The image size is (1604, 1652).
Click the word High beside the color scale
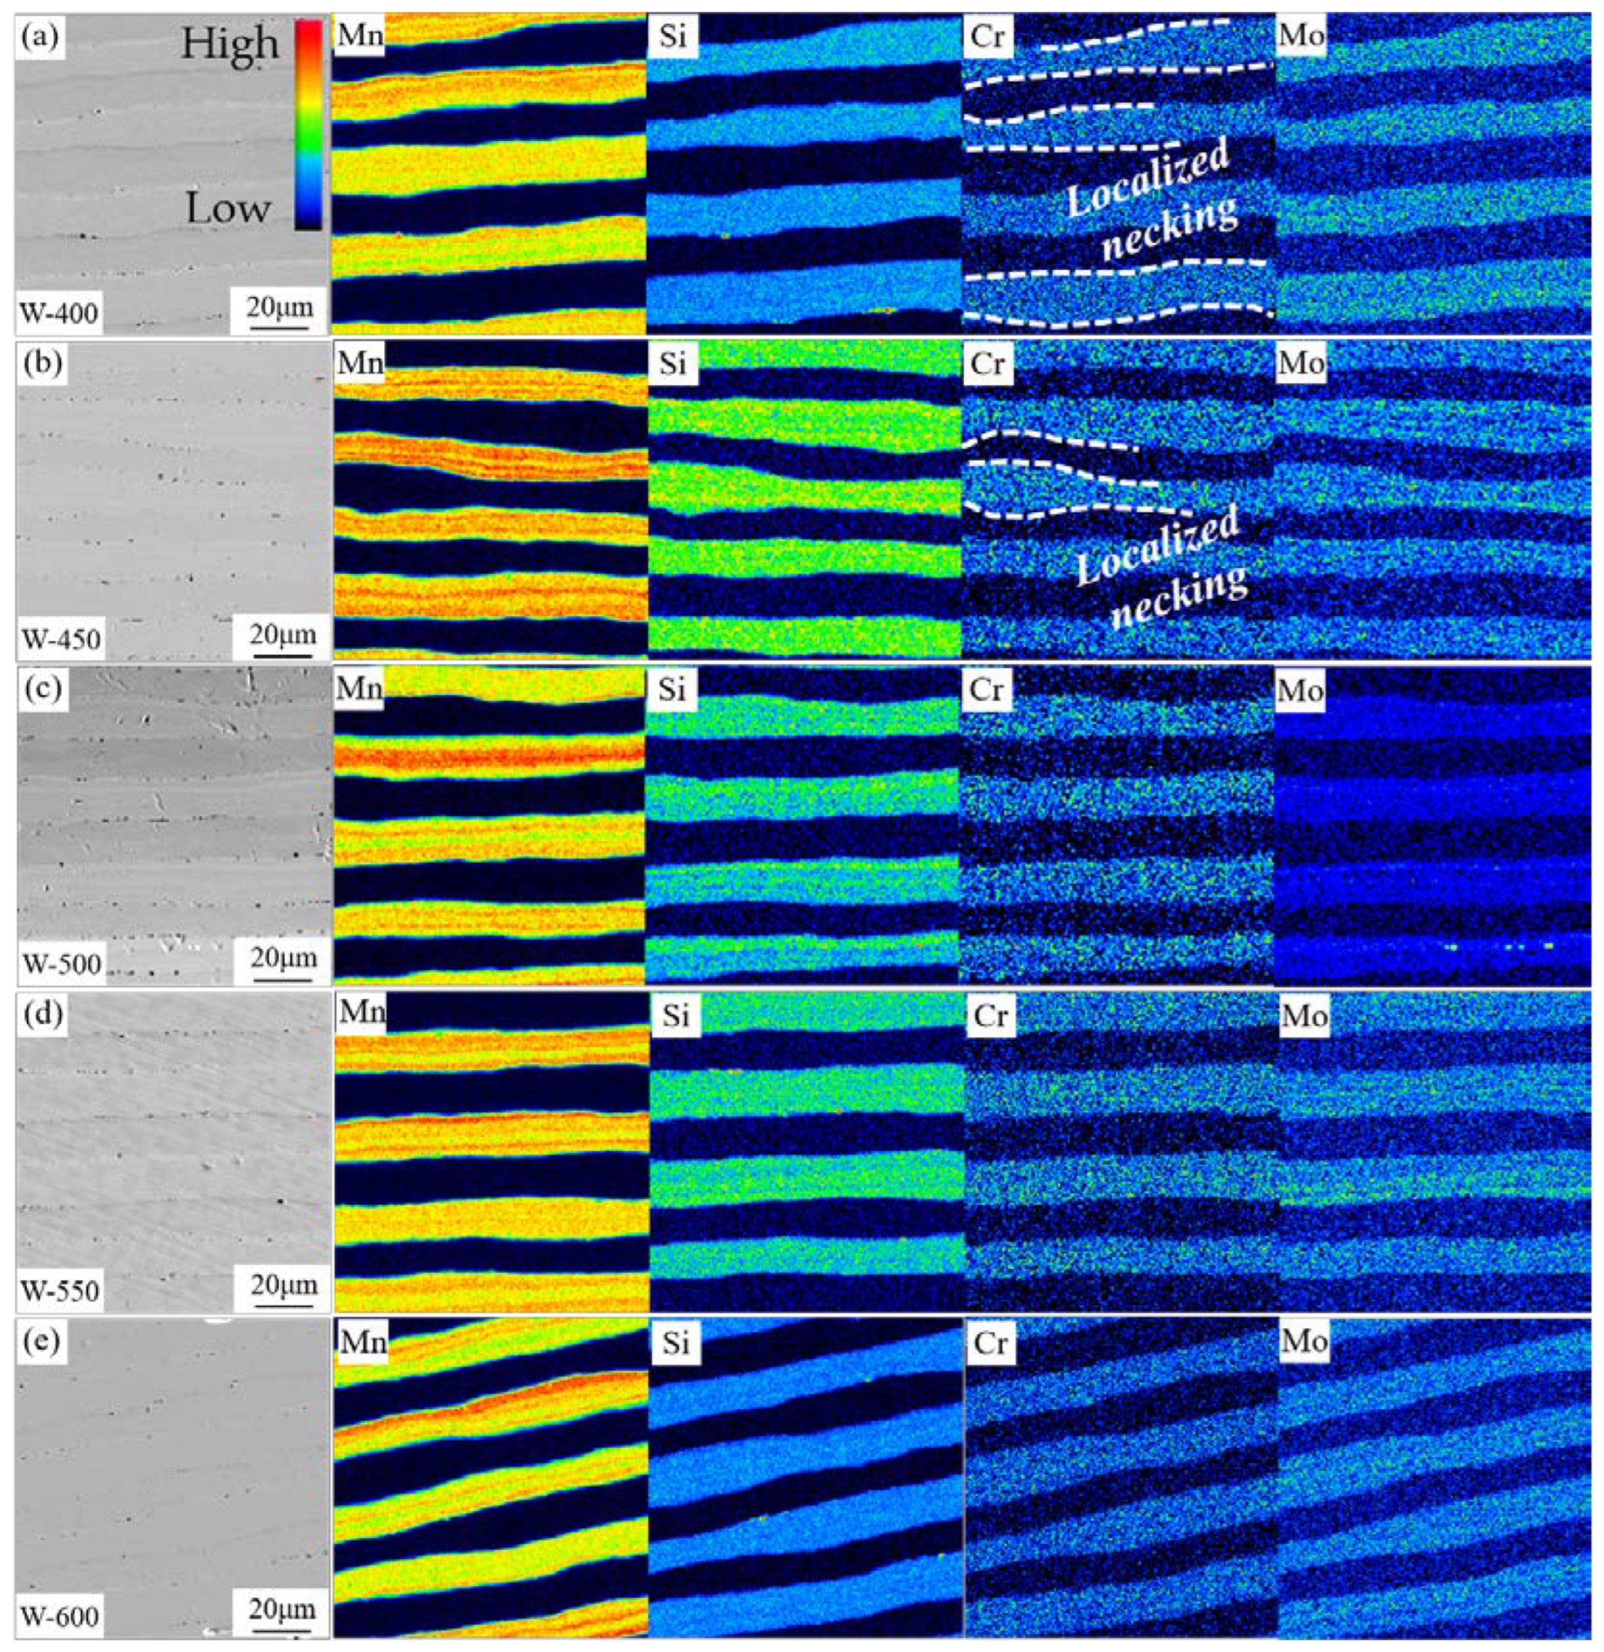click(x=230, y=44)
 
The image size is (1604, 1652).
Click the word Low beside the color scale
click(x=228, y=208)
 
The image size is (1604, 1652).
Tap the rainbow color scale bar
click(x=308, y=125)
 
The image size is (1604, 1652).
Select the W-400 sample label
click(x=59, y=313)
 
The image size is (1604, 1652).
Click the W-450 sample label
click(x=60, y=640)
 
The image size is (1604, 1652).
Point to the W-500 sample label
click(x=60, y=964)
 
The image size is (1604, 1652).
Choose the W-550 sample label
click(x=60, y=1290)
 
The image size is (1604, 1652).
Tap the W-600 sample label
click(x=60, y=1616)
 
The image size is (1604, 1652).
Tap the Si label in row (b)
click(x=674, y=364)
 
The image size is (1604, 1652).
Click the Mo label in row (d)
click(x=1303, y=1016)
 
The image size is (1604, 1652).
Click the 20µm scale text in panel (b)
click(x=283, y=633)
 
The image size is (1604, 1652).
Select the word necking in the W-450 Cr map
click(x=1180, y=598)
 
